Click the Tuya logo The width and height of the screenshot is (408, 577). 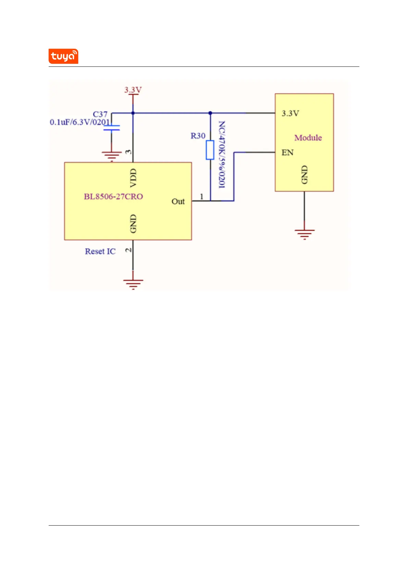[x=63, y=56]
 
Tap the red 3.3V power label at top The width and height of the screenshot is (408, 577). [x=133, y=90]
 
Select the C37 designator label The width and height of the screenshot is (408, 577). [x=100, y=114]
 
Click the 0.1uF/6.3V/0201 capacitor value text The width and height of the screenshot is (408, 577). [x=80, y=122]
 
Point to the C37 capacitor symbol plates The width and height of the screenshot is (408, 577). [x=112, y=128]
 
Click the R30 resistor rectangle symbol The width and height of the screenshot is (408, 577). [x=210, y=150]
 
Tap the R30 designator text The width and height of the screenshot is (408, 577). [x=198, y=136]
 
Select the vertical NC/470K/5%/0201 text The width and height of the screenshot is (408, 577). [x=222, y=155]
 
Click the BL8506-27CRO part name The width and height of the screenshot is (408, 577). [x=113, y=197]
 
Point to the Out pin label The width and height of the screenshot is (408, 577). [x=178, y=201]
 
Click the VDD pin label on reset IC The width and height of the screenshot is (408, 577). [x=133, y=178]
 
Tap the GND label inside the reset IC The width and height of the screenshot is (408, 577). [x=133, y=224]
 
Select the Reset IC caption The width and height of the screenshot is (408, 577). [x=100, y=251]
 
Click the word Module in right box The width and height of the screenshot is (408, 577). [x=308, y=138]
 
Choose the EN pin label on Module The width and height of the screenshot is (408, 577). [x=287, y=152]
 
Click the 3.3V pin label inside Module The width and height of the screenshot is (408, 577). [x=290, y=113]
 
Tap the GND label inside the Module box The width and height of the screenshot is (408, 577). [x=305, y=175]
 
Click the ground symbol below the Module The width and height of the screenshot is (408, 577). [x=305, y=234]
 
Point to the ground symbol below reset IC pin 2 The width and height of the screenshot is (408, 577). [x=133, y=285]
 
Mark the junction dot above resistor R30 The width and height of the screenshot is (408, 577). [x=210, y=113]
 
